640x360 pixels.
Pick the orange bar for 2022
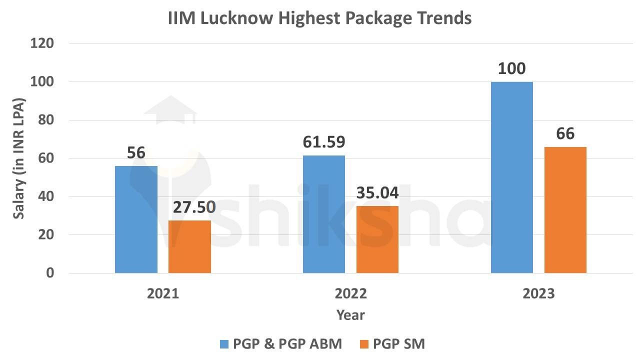377,239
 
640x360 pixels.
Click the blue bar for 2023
511,177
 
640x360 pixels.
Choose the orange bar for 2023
565,210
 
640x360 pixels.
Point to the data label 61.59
323,142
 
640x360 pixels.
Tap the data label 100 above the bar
511,68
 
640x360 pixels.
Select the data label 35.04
377,192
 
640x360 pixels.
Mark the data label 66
565,134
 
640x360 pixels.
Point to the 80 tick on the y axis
46,120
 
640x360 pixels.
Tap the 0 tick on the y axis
50,273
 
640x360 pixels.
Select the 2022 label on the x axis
350,293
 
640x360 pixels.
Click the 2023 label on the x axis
538,293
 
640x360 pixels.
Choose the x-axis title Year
350,315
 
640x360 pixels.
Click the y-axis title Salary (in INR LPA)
19,158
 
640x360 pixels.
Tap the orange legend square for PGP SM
363,344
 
